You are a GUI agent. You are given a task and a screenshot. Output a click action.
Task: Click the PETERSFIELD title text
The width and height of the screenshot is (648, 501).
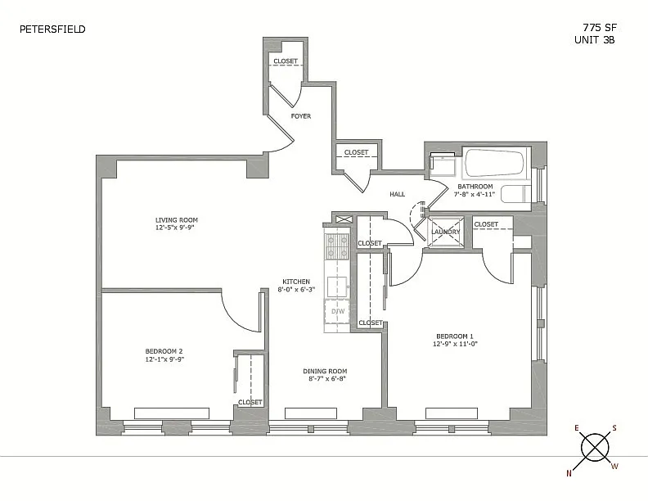(x=52, y=29)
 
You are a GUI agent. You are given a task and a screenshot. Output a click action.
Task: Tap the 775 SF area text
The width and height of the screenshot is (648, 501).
(x=600, y=28)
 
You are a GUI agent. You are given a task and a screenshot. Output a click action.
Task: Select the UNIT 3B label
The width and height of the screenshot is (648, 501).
(x=594, y=39)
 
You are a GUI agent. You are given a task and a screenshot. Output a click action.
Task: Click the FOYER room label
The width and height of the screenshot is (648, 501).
(x=301, y=116)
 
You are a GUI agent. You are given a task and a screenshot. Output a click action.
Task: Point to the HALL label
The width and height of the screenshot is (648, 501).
(x=397, y=194)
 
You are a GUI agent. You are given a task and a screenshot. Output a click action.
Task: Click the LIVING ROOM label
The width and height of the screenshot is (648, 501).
(x=177, y=220)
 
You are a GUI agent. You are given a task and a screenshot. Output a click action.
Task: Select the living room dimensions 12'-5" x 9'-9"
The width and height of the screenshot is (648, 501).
(x=175, y=228)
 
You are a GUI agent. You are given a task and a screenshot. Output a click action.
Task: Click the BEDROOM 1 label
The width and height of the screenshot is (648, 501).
(x=455, y=336)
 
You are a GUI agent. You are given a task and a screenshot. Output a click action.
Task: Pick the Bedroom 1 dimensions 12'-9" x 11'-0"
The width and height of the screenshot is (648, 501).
(x=456, y=344)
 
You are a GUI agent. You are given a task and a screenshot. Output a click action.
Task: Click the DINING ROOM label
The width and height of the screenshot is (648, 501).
(x=325, y=371)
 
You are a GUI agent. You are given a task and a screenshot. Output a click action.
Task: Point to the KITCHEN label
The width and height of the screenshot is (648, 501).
(x=296, y=282)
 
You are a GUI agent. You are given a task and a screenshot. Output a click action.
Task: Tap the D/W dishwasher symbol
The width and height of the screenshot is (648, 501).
(x=338, y=311)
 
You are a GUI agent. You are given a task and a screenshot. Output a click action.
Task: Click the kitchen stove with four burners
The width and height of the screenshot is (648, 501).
(x=337, y=246)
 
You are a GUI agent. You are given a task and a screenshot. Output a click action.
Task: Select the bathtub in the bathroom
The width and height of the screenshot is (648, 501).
(x=495, y=162)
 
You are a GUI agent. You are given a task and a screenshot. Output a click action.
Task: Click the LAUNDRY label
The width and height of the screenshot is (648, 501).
(x=445, y=232)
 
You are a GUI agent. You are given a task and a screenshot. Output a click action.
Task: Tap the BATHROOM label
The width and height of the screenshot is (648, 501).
(x=475, y=187)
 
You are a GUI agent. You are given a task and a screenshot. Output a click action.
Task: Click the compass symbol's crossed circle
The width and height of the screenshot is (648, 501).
(x=595, y=447)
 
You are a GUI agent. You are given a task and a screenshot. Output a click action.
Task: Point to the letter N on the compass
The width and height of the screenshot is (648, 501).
(x=569, y=474)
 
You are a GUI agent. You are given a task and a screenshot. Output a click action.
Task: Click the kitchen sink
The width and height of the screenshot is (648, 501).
(x=337, y=287)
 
